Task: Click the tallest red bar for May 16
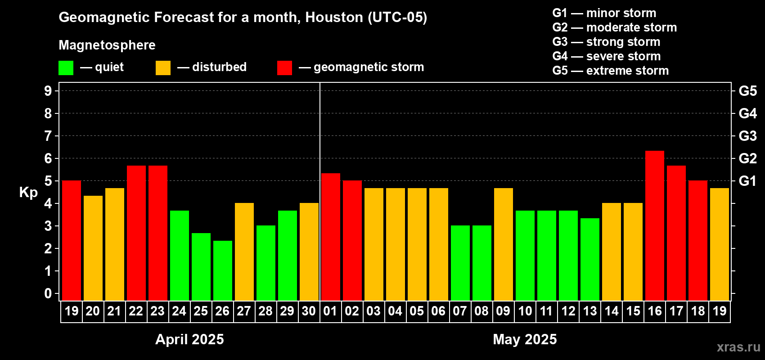point(654,225)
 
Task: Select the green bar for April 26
point(223,270)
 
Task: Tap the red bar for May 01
point(331,237)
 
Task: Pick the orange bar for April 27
point(244,252)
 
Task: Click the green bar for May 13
point(590,259)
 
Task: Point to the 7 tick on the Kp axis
point(48,136)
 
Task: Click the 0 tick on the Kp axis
point(48,294)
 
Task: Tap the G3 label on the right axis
point(747,136)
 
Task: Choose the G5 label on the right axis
point(747,91)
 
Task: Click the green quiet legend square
point(66,68)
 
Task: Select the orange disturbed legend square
point(163,68)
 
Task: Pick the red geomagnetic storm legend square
point(284,68)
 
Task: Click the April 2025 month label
point(189,339)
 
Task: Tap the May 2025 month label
point(525,339)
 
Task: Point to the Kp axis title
point(28,193)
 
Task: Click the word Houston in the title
point(334,17)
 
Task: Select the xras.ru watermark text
point(738,347)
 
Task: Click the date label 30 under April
point(309,311)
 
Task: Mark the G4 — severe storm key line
point(606,56)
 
